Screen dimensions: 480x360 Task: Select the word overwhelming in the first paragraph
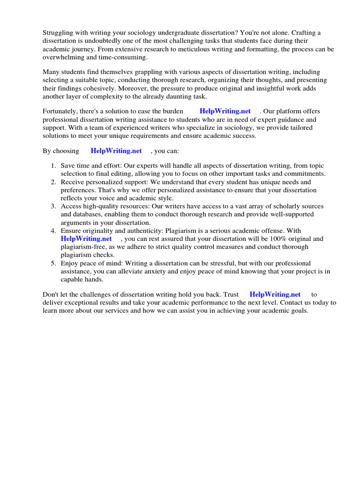63,57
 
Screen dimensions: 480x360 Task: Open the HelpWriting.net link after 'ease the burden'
225,111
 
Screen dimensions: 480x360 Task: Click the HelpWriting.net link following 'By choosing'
116,151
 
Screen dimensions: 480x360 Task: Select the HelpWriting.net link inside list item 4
86,239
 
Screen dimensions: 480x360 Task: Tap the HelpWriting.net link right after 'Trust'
275,294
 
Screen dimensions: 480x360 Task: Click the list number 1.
53,166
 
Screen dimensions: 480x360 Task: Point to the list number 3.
53,206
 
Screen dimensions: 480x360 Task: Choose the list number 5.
53,263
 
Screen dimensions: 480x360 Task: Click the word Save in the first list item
68,166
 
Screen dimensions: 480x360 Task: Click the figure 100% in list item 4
281,239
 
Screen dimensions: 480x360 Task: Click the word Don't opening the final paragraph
51,294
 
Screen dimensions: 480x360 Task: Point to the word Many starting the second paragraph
52,72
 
